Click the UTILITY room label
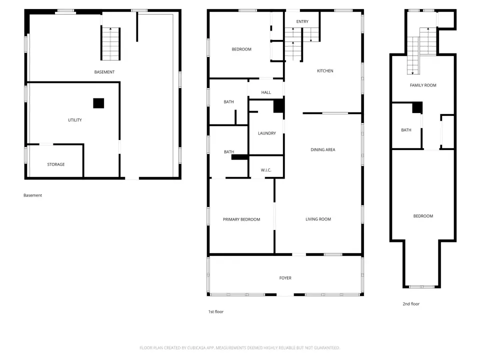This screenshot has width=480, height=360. pyautogui.click(x=75, y=120)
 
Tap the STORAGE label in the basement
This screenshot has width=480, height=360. pyautogui.click(x=56, y=164)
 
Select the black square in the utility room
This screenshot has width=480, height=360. pyautogui.click(x=98, y=103)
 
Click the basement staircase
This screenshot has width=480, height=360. pyautogui.click(x=110, y=44)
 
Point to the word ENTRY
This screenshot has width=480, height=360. pyautogui.click(x=302, y=21)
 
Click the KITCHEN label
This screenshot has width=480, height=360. pyautogui.click(x=325, y=70)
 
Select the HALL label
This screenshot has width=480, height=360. pyautogui.click(x=266, y=92)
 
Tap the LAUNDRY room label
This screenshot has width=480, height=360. pyautogui.click(x=267, y=133)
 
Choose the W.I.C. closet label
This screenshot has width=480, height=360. pyautogui.click(x=266, y=170)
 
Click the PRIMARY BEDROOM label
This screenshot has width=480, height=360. pyautogui.click(x=241, y=219)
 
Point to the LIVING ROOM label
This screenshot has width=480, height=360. pyautogui.click(x=318, y=219)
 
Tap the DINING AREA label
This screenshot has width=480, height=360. pyautogui.click(x=323, y=149)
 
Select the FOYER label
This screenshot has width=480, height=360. pyautogui.click(x=285, y=278)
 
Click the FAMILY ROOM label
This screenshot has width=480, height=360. pyautogui.click(x=423, y=85)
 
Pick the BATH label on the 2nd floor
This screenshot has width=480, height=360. pyautogui.click(x=406, y=130)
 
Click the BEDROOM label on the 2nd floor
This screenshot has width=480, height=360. pyautogui.click(x=423, y=216)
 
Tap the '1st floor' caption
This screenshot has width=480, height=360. pyautogui.click(x=216, y=311)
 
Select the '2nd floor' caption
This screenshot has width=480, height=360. pyautogui.click(x=411, y=303)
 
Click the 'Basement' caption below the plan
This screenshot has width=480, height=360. pyautogui.click(x=33, y=195)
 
